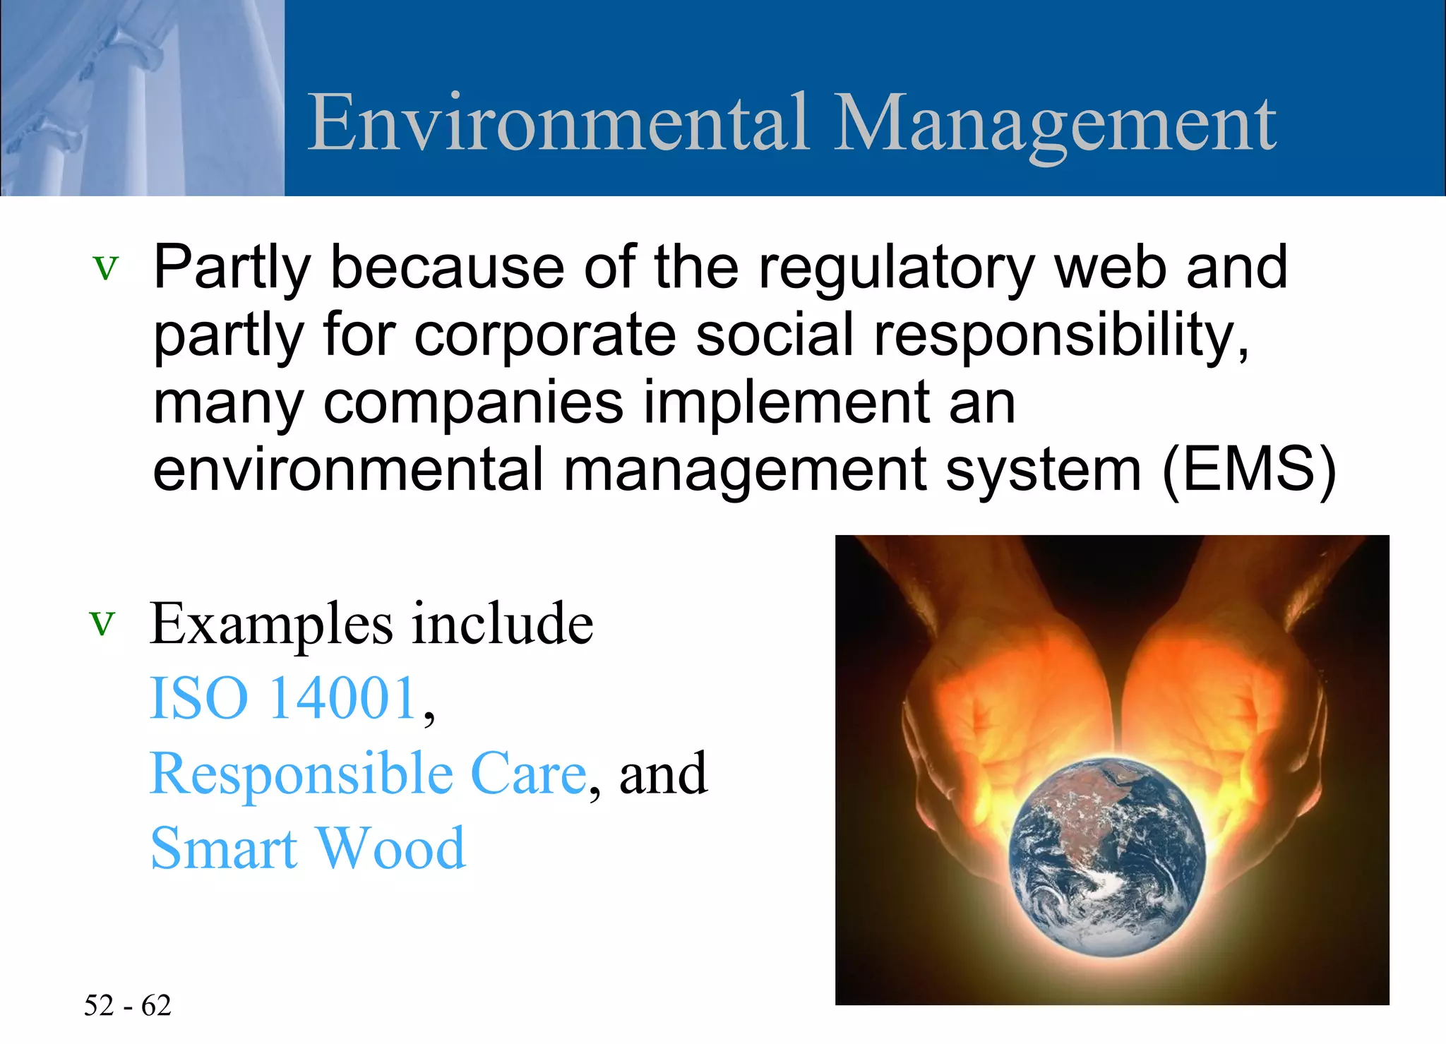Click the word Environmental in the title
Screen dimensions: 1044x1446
pos(558,124)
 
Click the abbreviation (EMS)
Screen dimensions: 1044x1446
pos(1249,469)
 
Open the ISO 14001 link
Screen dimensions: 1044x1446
pos(284,698)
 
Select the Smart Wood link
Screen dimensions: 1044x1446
pos(308,848)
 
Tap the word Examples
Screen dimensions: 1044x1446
pos(273,624)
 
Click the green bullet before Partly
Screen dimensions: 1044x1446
pos(106,268)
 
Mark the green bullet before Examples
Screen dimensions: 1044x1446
pos(102,624)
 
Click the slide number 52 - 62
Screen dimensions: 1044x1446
pos(128,1005)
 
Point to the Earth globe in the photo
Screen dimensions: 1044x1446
pos(1106,857)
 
